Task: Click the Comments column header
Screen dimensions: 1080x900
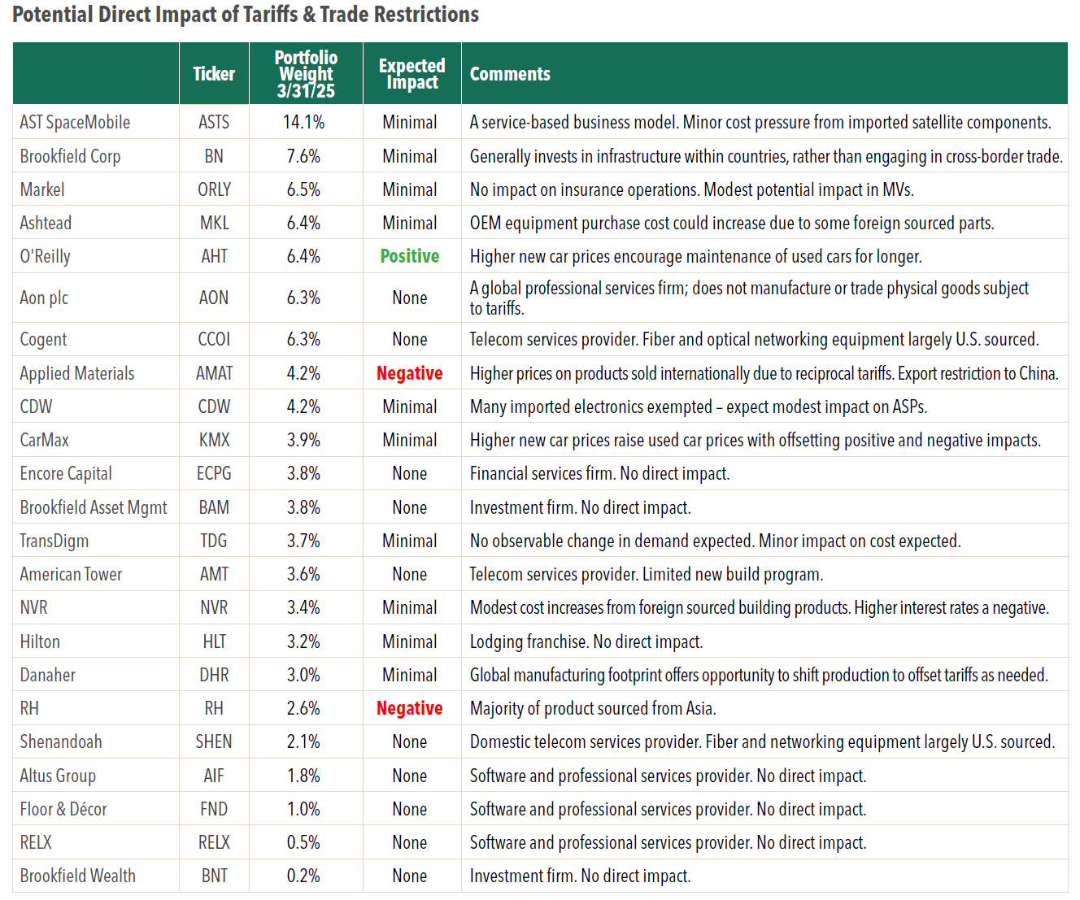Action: (509, 74)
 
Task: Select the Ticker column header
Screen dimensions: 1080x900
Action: (214, 74)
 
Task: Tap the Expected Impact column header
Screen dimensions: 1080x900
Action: (412, 74)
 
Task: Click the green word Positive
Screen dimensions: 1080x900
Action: (410, 256)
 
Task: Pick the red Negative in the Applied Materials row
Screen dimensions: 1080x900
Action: (410, 373)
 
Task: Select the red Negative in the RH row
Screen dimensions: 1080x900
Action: (410, 708)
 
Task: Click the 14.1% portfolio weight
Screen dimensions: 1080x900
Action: (303, 122)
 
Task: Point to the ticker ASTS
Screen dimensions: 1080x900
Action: (214, 122)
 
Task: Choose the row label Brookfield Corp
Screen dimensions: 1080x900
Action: (70, 156)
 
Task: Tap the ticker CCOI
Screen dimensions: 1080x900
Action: (214, 339)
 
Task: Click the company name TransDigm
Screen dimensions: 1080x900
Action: (54, 541)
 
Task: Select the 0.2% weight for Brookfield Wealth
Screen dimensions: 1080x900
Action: (303, 876)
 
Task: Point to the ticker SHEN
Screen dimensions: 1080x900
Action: (214, 741)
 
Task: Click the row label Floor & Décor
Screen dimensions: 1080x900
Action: (63, 809)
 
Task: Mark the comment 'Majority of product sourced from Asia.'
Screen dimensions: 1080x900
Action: (593, 708)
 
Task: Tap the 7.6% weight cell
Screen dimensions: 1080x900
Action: (303, 156)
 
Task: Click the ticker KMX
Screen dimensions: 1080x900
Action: (214, 440)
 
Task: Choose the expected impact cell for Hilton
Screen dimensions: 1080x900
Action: (410, 641)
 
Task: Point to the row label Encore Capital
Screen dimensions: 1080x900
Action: (66, 474)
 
